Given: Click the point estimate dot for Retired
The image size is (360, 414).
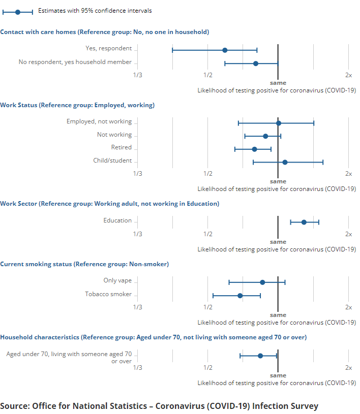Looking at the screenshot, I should coord(254,149).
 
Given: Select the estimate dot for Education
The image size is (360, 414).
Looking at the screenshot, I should coord(304,222).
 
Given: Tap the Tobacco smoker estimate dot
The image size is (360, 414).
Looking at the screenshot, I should coord(240,295).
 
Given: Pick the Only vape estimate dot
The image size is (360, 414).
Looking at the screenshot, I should coord(262,282).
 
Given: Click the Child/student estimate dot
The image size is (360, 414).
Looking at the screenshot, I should coord(285,162).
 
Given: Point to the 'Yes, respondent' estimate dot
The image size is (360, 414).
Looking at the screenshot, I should coord(225,50).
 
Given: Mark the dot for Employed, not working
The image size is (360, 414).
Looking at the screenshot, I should coord(278,123).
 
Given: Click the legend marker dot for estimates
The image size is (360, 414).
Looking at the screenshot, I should coord(18,11).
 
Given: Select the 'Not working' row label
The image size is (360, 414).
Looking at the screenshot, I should coord(114,135).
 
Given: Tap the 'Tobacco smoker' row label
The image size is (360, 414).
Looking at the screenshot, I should coord(108,294).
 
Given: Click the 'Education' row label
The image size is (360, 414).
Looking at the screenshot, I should coord(117,220).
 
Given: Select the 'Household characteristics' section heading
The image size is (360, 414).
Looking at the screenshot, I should coord(153,337).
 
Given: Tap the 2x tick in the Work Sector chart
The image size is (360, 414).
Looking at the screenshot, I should coord(348,234).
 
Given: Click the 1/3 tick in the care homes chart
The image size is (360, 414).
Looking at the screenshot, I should coord(137,75).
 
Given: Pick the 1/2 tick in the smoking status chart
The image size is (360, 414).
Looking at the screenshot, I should coord(207,307).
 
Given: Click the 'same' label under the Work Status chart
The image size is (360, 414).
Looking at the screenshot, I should coord(278,181).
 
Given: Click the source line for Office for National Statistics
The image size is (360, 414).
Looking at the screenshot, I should coord(159,406).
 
